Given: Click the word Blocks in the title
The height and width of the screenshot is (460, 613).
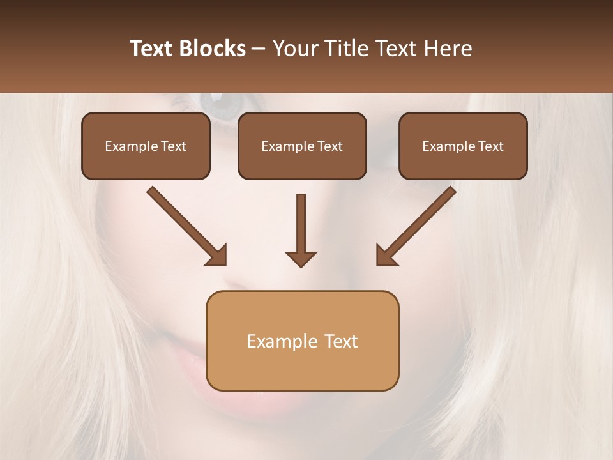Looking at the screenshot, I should pos(214,49).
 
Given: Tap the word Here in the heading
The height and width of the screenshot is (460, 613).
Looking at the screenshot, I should pos(447,49).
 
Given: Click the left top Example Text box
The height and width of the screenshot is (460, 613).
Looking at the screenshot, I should pos(146,146).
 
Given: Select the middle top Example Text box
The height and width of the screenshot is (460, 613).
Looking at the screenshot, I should pos(302,146).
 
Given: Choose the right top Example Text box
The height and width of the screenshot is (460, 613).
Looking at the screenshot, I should pos(463,146).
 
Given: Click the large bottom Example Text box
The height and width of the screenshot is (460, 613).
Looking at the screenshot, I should pos(302,341).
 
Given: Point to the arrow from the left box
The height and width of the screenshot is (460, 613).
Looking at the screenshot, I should pos(185,225).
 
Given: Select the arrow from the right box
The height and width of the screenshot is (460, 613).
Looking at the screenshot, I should pos(418,225).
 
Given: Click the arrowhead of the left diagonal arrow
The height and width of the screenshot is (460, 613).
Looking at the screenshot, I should pos(217,256).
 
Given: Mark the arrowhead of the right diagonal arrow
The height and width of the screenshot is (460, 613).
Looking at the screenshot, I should pos(386,256).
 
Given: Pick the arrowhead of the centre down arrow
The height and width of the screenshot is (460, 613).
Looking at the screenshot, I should pos(301,259).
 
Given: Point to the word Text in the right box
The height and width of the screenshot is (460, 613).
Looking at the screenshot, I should pos(490,146).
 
